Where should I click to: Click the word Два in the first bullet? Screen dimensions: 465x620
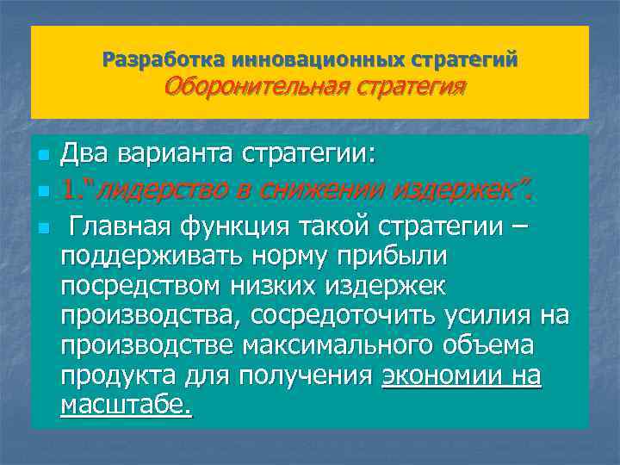pyautogui.click(x=85, y=156)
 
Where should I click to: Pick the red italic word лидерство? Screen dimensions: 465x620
pyautogui.click(x=152, y=189)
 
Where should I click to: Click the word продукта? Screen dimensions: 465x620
pyautogui.click(x=117, y=375)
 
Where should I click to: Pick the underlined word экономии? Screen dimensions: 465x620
pyautogui.click(x=434, y=375)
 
